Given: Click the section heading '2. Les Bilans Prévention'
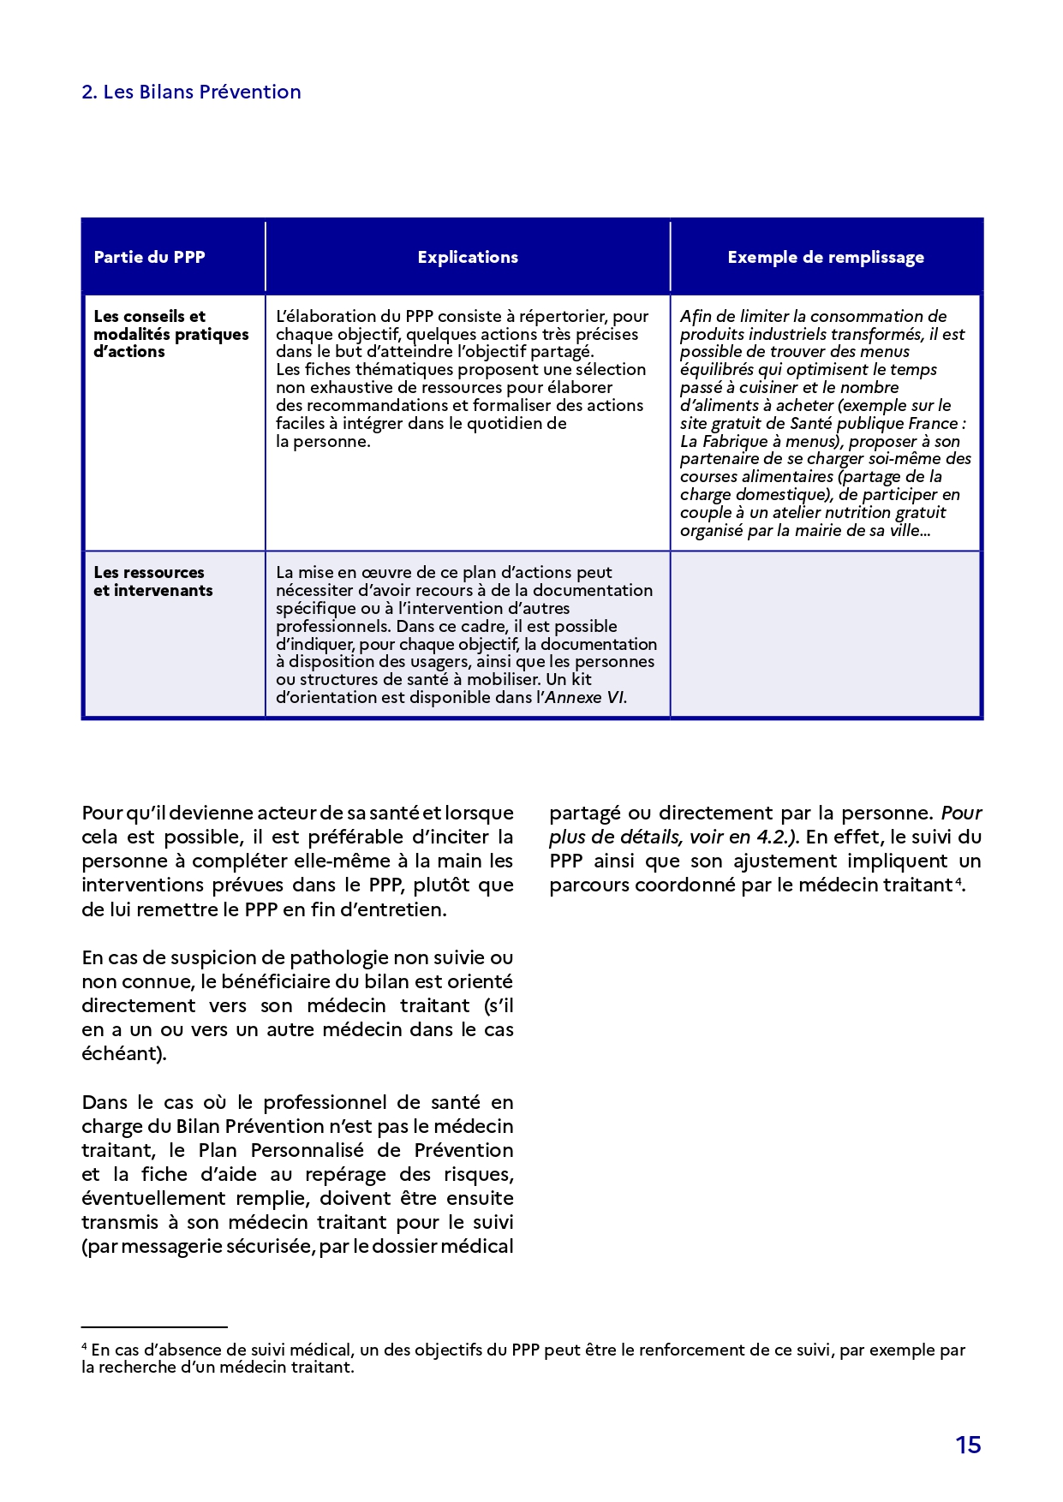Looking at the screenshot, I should (x=191, y=92).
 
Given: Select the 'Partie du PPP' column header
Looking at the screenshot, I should (x=149, y=257).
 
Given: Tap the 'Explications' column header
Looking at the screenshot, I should (x=468, y=257).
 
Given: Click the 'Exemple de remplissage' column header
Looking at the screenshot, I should (x=826, y=257).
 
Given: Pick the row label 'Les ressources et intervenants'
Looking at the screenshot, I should (x=152, y=581).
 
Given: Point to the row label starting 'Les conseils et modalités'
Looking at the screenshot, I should (x=170, y=334).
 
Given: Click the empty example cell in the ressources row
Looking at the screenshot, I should (x=825, y=634).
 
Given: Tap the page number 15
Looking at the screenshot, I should (x=968, y=1445).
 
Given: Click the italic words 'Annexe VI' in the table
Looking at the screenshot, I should (x=585, y=698).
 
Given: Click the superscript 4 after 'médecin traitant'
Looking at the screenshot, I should (x=958, y=880).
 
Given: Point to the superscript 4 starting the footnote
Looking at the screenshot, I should (x=85, y=1346).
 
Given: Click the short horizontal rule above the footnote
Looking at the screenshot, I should (x=154, y=1326).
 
